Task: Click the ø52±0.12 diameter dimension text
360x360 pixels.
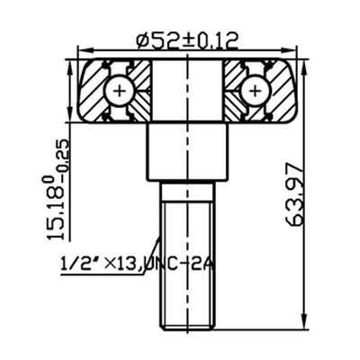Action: point(187,40)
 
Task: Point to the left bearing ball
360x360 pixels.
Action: point(120,90)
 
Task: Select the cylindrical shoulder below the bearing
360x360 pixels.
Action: point(187,151)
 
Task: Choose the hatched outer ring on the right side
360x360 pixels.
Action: point(283,90)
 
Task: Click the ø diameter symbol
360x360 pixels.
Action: point(141,40)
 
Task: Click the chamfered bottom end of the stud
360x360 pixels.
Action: point(187,326)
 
